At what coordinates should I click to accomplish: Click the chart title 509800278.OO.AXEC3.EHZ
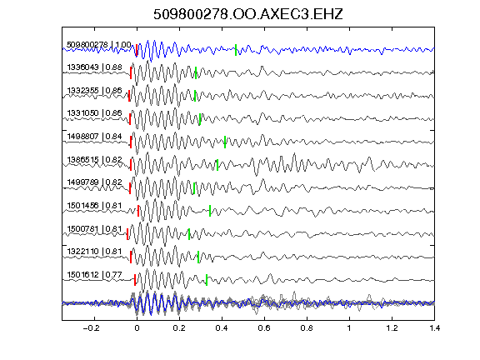248,14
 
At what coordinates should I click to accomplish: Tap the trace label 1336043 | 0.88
95,67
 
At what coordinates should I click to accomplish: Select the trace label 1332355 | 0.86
95,91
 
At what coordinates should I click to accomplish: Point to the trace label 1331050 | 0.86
95,113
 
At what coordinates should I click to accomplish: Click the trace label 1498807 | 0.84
95,136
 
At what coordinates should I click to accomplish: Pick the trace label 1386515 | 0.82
95,159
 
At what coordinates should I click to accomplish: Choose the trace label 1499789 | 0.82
95,182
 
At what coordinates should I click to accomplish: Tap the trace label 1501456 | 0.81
95,205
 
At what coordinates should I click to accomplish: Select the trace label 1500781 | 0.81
95,229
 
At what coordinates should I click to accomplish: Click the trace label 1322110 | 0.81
95,252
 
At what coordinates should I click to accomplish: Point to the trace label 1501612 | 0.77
95,275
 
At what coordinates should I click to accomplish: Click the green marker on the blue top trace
236,50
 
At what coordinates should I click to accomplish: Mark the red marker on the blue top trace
137,50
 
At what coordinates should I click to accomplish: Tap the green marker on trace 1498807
225,142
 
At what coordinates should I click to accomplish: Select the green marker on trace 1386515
217,165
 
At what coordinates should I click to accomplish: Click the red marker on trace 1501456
138,211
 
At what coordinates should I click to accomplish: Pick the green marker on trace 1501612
207,280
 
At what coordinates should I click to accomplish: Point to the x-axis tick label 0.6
264,328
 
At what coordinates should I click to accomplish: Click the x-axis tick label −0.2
92,328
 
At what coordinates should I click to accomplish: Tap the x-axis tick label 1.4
434,328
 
